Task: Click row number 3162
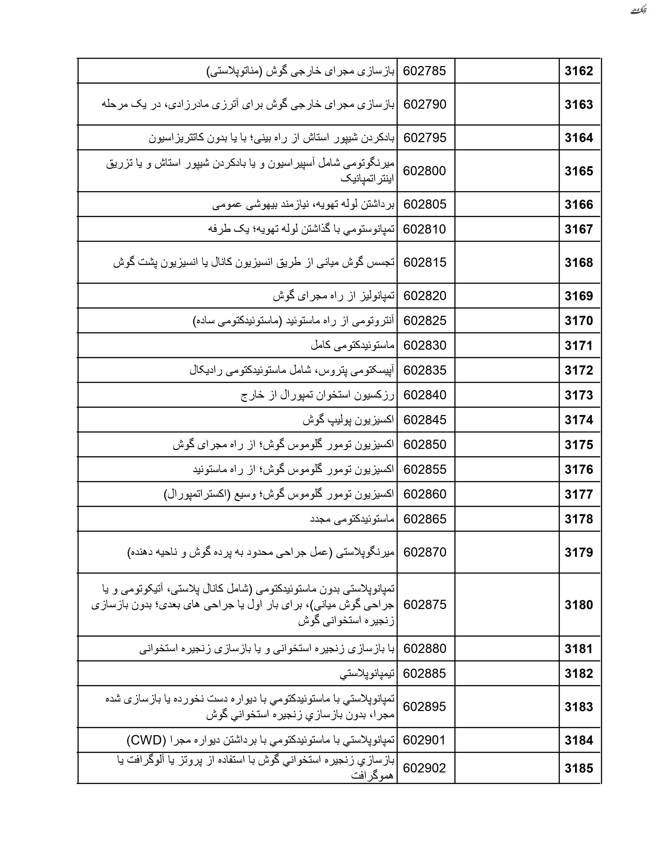pos(578,71)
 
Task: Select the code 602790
pos(425,104)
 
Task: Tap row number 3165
pos(578,171)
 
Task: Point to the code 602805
pos(425,204)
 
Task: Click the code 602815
pos(425,262)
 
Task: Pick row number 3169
pos(578,296)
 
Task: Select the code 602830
pos(425,346)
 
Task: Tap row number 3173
pos(578,395)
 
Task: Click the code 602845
pos(425,420)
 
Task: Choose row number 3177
pos(578,494)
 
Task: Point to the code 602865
pos(425,519)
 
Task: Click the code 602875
pos(425,605)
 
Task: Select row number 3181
pos(578,649)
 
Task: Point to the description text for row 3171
pos(352,346)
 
